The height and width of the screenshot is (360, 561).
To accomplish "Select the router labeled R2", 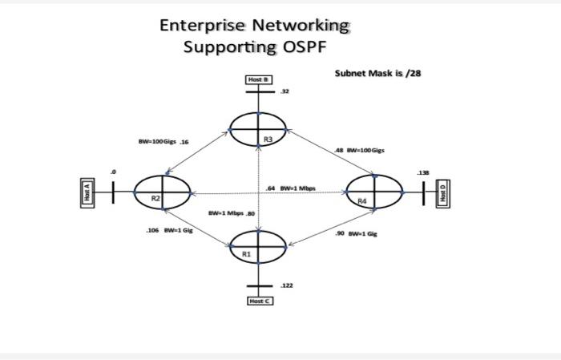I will click(162, 192).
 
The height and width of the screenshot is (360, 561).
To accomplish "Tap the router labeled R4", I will click(375, 192).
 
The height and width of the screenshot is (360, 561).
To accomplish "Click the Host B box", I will click(257, 80).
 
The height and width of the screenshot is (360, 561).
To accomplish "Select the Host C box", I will click(257, 301).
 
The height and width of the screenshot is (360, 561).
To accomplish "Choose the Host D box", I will click(443, 192).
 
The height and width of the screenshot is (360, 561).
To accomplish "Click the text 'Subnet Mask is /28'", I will click(377, 73).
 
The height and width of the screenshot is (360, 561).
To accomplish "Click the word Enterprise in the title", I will click(202, 25).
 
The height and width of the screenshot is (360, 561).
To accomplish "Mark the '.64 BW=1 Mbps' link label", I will click(291, 188).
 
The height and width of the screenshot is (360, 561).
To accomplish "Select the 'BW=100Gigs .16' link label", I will click(163, 142).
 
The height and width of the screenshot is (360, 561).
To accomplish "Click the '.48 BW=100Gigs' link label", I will click(359, 150).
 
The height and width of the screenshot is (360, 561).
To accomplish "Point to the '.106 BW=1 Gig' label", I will click(169, 230).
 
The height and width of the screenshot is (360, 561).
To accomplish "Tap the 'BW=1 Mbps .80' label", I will click(231, 213).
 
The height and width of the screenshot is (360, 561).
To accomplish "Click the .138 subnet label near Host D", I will click(422, 172).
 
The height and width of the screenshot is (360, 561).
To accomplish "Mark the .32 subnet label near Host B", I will click(285, 91).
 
